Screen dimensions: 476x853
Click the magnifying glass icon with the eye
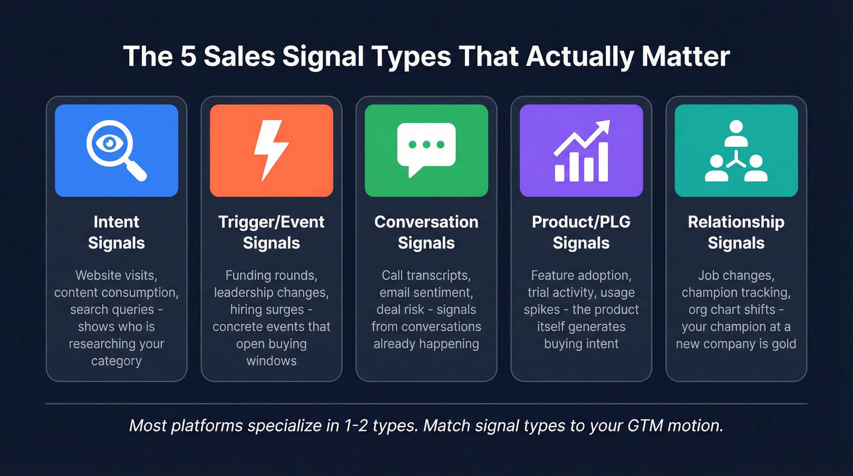(116, 150)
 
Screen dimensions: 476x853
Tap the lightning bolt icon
(271, 150)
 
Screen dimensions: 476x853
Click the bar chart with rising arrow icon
(581, 151)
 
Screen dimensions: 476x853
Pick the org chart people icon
(736, 151)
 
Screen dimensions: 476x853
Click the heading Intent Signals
(116, 232)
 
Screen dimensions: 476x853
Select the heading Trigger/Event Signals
(271, 232)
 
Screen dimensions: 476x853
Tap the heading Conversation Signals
(426, 232)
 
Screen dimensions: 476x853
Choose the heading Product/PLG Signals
(581, 232)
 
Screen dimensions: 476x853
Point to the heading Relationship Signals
(736, 232)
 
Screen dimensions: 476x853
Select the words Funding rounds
(271, 275)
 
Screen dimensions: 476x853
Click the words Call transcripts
(426, 275)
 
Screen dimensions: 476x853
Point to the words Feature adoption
(581, 275)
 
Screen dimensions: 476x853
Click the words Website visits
(116, 275)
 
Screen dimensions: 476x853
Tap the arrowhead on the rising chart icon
(604, 125)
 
